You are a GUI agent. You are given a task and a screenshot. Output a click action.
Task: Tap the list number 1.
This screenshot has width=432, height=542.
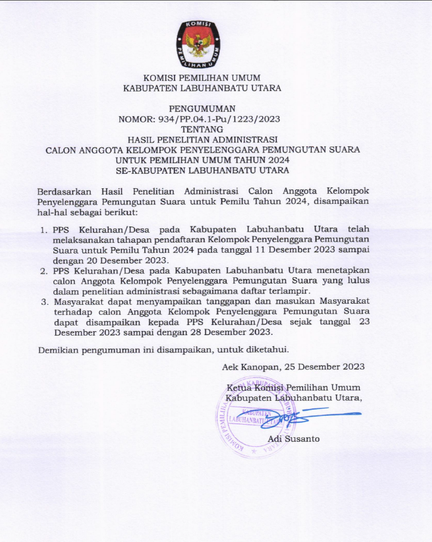coord(44,230)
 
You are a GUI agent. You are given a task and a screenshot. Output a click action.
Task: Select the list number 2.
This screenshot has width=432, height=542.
coord(44,270)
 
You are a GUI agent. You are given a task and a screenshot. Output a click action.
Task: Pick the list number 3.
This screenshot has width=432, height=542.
coord(44,301)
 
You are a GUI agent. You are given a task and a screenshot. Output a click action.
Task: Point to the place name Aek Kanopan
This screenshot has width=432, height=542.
coord(251,366)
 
